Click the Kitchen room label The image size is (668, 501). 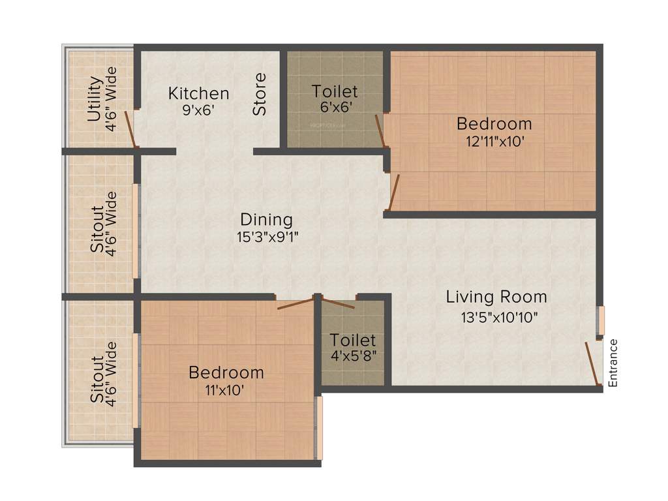(x=198, y=93)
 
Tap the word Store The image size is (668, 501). (x=260, y=95)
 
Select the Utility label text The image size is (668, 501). (x=95, y=99)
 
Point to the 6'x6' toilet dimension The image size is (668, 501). (x=335, y=107)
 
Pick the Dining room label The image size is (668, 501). (x=266, y=219)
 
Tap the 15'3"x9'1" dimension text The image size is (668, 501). (x=268, y=236)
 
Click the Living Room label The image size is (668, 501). (x=496, y=297)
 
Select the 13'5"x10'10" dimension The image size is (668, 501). (x=496, y=318)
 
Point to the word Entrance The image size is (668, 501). (x=613, y=363)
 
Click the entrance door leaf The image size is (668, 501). (x=592, y=363)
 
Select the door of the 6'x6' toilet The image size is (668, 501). (x=380, y=131)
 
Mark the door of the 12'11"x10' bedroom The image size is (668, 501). (x=393, y=193)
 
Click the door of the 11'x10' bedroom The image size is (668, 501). (x=295, y=304)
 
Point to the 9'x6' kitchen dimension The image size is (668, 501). (x=198, y=110)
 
